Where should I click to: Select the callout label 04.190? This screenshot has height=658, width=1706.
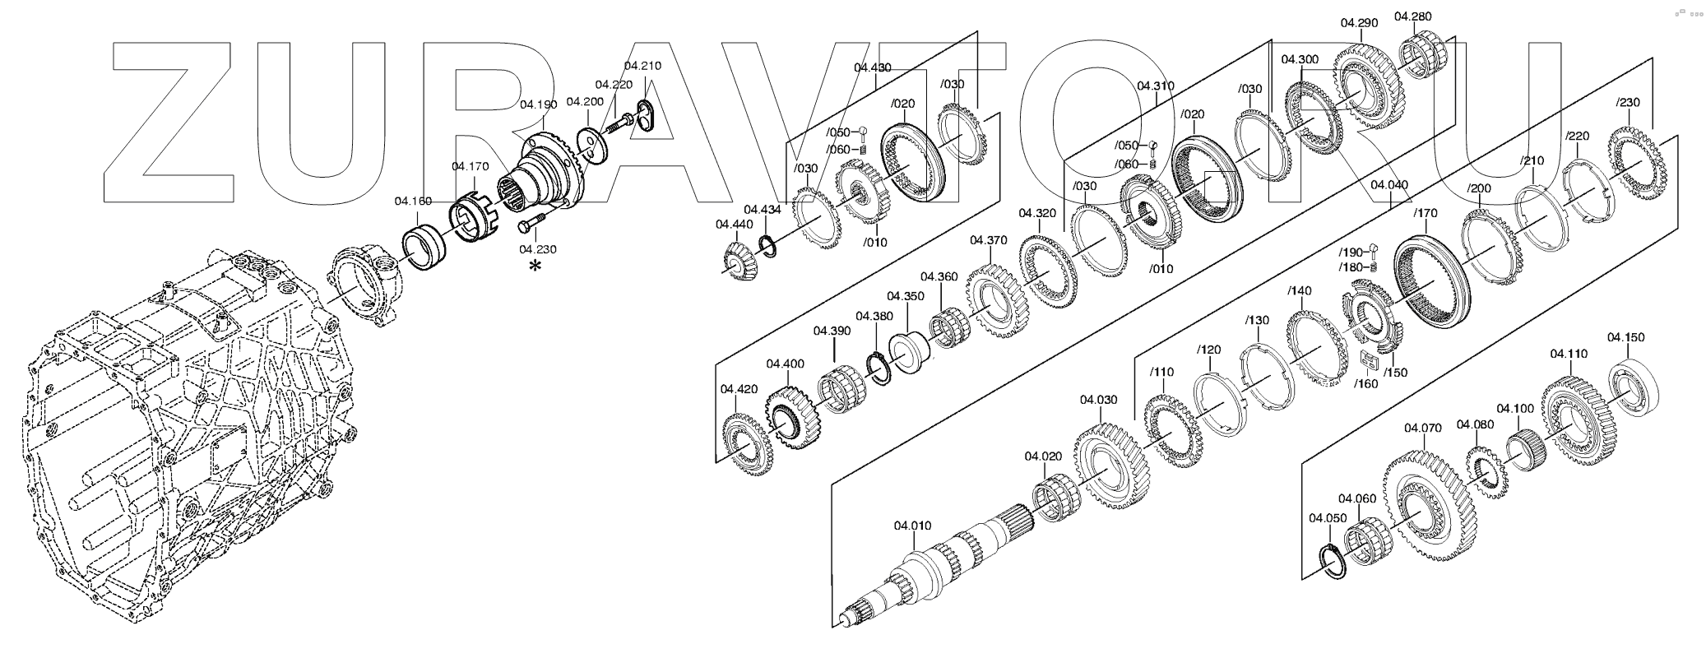pyautogui.click(x=539, y=104)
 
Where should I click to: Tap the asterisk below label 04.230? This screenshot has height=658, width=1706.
pyautogui.click(x=536, y=266)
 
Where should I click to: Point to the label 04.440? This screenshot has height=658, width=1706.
pyautogui.click(x=734, y=224)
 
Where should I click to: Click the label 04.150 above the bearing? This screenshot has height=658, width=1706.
pyautogui.click(x=1626, y=337)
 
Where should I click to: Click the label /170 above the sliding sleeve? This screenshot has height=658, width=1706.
pyautogui.click(x=1425, y=214)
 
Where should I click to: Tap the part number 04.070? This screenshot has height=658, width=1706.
pyautogui.click(x=1423, y=428)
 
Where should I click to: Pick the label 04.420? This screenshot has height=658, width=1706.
pyautogui.click(x=739, y=389)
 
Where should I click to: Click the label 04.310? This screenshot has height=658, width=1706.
pyautogui.click(x=1156, y=86)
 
